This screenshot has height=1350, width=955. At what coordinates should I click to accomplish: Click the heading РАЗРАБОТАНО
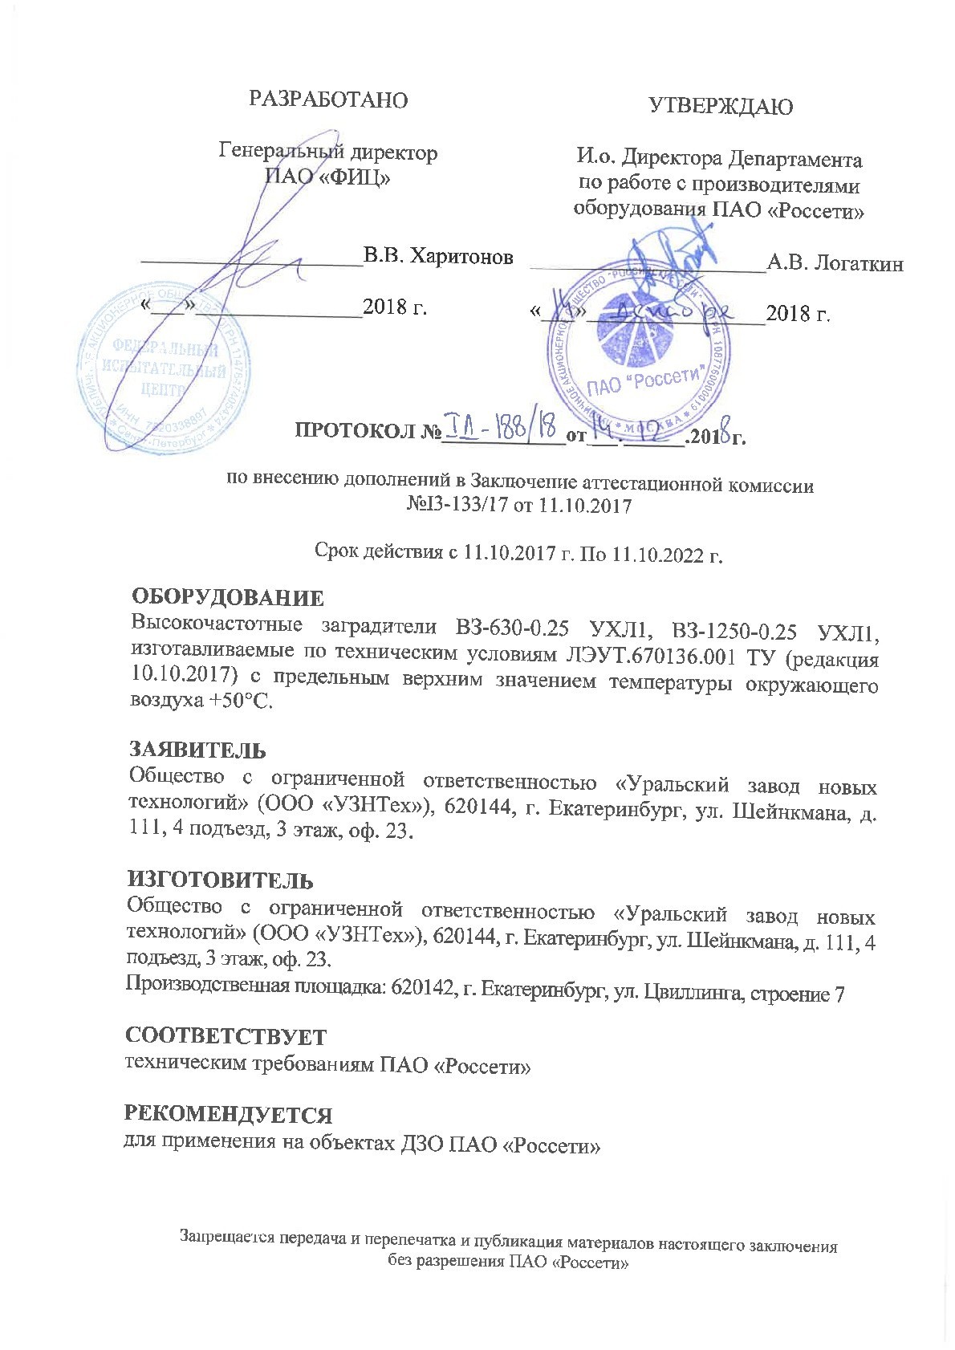point(329,100)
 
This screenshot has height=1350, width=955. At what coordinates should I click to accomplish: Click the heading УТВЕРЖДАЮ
point(721,107)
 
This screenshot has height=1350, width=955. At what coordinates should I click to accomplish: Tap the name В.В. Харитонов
point(438,256)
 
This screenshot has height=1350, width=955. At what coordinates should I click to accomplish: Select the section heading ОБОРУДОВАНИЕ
point(227,598)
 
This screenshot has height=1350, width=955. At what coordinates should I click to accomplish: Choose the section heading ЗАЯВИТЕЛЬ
point(198,750)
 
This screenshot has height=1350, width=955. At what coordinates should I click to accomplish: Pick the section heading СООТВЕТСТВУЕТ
point(226,1036)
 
